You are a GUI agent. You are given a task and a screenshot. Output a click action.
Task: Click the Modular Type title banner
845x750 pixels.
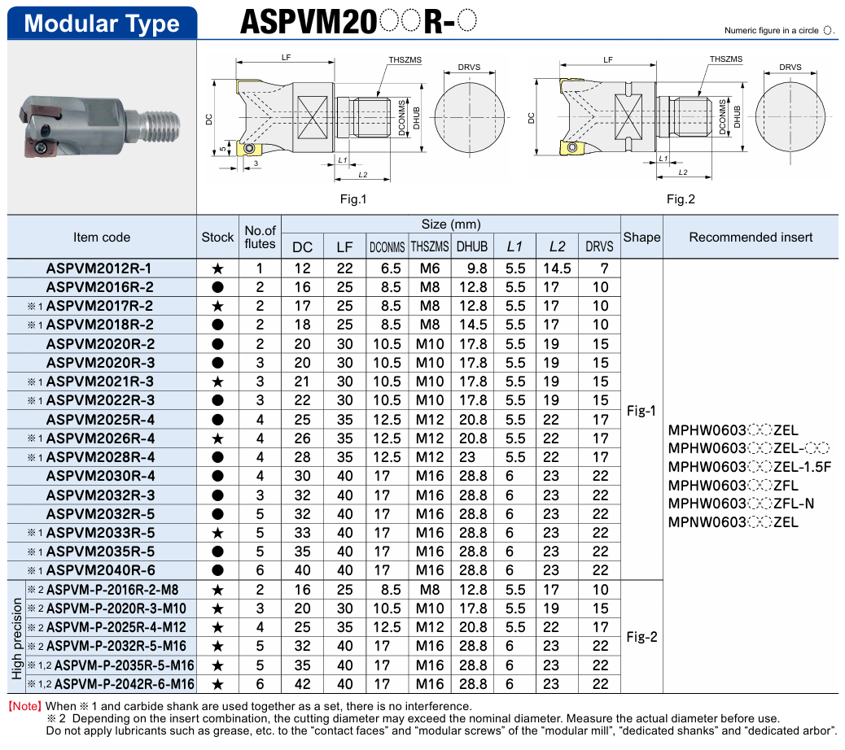tap(102, 23)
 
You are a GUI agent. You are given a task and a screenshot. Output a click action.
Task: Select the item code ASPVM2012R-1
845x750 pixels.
tap(99, 268)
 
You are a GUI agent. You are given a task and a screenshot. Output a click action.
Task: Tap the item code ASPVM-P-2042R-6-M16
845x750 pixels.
tap(125, 684)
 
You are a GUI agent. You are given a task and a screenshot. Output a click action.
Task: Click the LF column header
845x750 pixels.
tap(345, 246)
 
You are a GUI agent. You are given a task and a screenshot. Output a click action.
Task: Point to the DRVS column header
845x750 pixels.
tap(600, 246)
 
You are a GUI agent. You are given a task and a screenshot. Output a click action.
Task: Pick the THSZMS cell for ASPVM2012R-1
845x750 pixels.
tap(429, 268)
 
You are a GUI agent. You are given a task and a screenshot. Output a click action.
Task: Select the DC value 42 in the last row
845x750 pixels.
tap(302, 684)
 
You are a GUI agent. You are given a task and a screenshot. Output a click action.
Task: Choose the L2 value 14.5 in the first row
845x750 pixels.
tap(557, 268)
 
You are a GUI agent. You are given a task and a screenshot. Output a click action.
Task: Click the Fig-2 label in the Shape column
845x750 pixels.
tap(641, 637)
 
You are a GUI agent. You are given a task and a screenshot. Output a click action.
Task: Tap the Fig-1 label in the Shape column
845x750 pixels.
tap(641, 411)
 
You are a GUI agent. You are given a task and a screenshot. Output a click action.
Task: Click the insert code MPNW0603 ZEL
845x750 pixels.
tap(733, 522)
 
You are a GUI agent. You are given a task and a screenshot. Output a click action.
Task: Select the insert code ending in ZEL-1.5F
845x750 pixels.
tap(749, 466)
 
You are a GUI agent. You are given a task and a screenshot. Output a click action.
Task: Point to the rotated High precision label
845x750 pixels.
tap(17, 638)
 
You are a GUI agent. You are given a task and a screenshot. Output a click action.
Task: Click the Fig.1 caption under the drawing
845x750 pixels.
tap(352, 199)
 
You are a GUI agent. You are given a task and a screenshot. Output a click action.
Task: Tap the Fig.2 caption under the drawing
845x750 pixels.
tap(681, 199)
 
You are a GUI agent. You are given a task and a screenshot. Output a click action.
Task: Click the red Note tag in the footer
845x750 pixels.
tap(24, 706)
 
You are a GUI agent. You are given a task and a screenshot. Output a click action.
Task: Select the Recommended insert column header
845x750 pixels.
tap(751, 238)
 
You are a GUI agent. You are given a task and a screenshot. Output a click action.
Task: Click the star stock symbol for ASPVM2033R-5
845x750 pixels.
tap(217, 533)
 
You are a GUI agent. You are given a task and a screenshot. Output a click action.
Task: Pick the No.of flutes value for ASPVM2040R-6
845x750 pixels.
tap(260, 570)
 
